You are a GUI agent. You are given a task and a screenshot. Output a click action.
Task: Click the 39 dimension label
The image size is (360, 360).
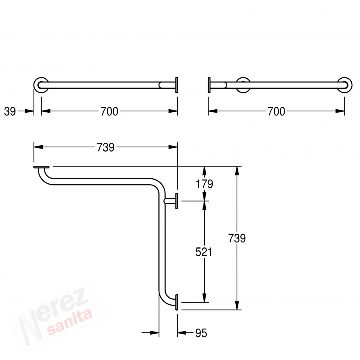(x=10, y=111)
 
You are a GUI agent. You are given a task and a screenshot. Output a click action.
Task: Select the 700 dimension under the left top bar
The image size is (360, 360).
(x=109, y=111)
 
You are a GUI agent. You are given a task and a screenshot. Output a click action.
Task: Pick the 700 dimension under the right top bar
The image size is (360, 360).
(x=276, y=111)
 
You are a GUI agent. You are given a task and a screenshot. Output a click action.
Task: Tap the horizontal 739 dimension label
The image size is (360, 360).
(x=105, y=147)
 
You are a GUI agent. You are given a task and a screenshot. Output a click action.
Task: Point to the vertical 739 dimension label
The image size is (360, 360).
(x=237, y=238)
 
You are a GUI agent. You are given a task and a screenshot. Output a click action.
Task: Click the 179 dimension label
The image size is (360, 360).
(x=204, y=184)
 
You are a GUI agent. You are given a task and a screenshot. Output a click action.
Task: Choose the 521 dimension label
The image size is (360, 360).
(x=203, y=252)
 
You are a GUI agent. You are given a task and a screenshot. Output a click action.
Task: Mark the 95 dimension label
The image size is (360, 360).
(x=201, y=333)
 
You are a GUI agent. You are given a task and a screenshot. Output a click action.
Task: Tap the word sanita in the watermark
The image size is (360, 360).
(x=70, y=321)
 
